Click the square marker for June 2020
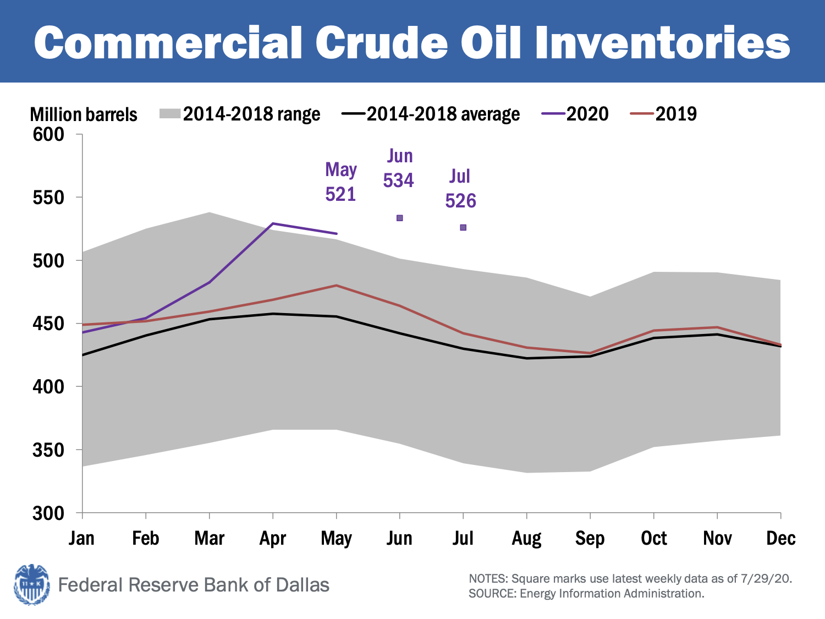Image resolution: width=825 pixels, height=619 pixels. pos(400,218)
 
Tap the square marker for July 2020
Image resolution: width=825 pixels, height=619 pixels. pos(463,227)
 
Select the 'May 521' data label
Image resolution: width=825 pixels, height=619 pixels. pos(341,182)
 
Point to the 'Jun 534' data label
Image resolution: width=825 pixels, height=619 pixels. pos(399,168)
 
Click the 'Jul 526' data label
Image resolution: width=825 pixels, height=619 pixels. pos(460,189)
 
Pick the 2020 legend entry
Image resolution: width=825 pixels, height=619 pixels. pos(575,114)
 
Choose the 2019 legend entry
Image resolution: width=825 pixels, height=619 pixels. pos(664,114)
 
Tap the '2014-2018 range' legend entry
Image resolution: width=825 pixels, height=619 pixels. pos(240,114)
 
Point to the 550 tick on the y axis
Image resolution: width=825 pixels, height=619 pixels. pos(48,198)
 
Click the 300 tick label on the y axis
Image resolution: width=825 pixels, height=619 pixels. pos(48,513)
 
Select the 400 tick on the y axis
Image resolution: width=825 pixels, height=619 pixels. pos(48,387)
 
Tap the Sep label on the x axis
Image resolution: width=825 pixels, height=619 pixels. pos(590,538)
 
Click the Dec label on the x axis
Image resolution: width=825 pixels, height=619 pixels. pos(780,538)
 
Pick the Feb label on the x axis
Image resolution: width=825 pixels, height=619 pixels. pos(146,538)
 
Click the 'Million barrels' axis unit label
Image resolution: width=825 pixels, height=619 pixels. pos(84,114)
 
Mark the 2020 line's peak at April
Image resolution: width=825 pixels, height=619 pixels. pos(273,223)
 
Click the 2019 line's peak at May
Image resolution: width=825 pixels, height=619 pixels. pos(336,285)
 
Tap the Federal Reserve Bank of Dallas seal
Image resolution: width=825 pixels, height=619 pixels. pos(32,584)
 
